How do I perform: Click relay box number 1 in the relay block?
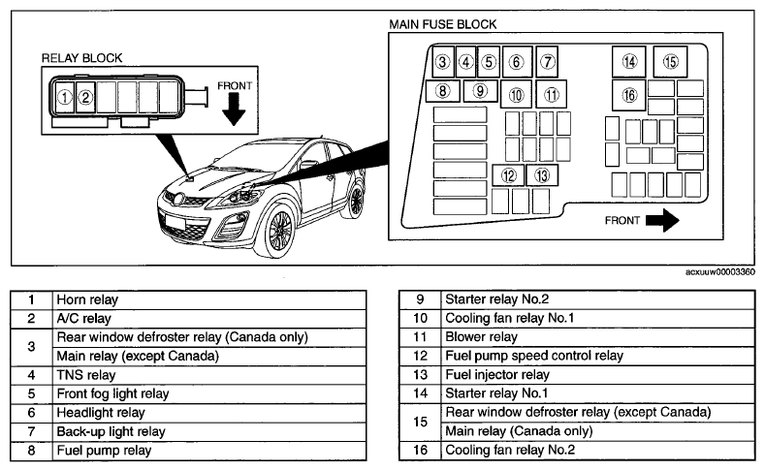pyautogui.click(x=64, y=98)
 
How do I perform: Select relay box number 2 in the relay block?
pyautogui.click(x=85, y=98)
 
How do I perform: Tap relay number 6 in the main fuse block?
pyautogui.click(x=517, y=62)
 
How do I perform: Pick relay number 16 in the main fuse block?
pyautogui.click(x=629, y=95)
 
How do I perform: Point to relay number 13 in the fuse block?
pyautogui.click(x=542, y=175)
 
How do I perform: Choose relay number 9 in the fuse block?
pyautogui.click(x=480, y=91)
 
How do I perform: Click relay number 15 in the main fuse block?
pyautogui.click(x=670, y=62)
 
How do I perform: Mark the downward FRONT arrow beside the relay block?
pyautogui.click(x=234, y=110)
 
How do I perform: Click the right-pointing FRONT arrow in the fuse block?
pyautogui.click(x=662, y=220)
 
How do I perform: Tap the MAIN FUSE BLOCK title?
pyautogui.click(x=442, y=24)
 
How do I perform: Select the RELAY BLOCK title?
pyautogui.click(x=82, y=58)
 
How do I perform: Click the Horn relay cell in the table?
pyautogui.click(x=209, y=299)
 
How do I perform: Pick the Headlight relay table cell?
pyautogui.click(x=209, y=413)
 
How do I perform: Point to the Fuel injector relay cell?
pyautogui.click(x=598, y=375)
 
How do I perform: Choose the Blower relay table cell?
pyautogui.click(x=598, y=337)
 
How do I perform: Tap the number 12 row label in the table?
pyautogui.click(x=420, y=356)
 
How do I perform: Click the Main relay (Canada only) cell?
pyautogui.click(x=598, y=431)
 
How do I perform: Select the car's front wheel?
pyautogui.click(x=277, y=230)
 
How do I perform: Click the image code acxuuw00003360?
pyautogui.click(x=720, y=272)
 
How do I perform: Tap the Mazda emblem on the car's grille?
pyautogui.click(x=179, y=199)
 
